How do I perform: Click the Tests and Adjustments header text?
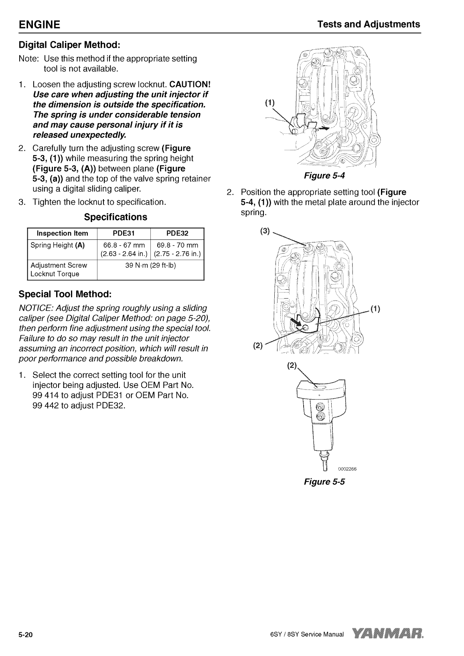[369, 24]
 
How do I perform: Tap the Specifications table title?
[115, 217]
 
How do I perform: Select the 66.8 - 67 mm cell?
[124, 249]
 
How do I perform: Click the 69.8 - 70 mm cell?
[177, 249]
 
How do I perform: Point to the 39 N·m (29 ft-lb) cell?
[150, 265]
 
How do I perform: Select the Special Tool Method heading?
[65, 294]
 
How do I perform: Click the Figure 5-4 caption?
[324, 176]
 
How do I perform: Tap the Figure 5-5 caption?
[324, 482]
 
